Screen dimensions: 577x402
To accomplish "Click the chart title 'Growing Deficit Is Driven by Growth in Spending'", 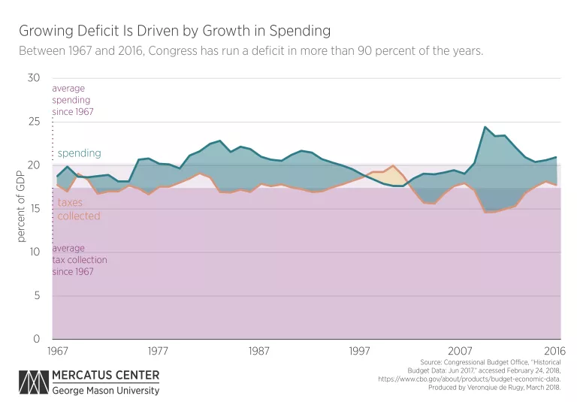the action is [175, 31].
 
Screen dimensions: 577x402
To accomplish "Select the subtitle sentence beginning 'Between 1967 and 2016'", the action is [251, 51].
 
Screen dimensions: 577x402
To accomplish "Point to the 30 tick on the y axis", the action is [34, 77].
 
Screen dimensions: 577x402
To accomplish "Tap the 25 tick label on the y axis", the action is [34, 121].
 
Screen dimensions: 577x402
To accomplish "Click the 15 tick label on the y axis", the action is [34, 208].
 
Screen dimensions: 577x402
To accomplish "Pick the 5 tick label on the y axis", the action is [37, 295].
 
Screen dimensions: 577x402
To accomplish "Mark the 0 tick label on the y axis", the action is [36, 339].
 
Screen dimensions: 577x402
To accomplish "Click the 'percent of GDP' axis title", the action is [21, 207].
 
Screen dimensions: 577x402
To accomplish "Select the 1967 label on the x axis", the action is [58, 350].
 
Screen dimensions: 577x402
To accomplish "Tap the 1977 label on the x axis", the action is [159, 350].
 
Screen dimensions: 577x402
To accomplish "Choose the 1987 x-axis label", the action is [258, 350].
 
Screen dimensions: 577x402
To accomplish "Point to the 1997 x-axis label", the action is [359, 350].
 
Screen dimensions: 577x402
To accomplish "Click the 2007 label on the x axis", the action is [460, 350].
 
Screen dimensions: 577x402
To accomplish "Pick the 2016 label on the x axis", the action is [554, 350].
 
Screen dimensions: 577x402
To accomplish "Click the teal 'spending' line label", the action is [80, 153].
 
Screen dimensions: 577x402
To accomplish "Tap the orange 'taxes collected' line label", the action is [79, 209].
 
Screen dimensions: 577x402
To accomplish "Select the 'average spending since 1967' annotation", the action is [73, 100].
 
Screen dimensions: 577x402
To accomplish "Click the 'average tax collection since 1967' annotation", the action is [80, 260].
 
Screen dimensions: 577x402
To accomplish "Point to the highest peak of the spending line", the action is [485, 127].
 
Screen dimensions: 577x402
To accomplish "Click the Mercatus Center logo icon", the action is [34, 382].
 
